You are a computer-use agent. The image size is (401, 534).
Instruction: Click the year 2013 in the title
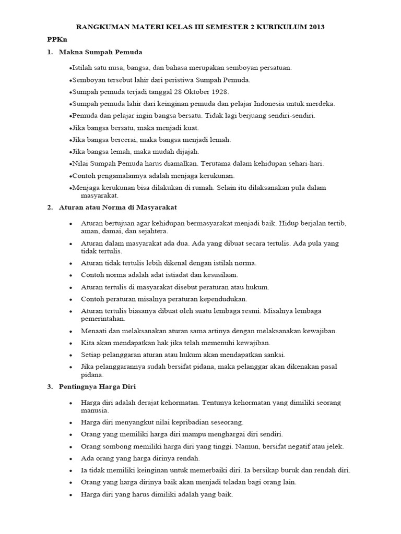coord(316,27)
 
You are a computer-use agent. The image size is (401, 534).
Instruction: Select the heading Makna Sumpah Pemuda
coord(101,52)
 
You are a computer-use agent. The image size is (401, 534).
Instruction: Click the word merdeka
coord(321,104)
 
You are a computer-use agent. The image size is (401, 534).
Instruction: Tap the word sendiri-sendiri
coord(292,116)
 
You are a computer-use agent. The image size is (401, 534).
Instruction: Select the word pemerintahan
coord(103,319)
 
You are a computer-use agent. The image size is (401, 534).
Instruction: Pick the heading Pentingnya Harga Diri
coord(98,386)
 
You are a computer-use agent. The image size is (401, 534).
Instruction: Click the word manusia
coord(95,410)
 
